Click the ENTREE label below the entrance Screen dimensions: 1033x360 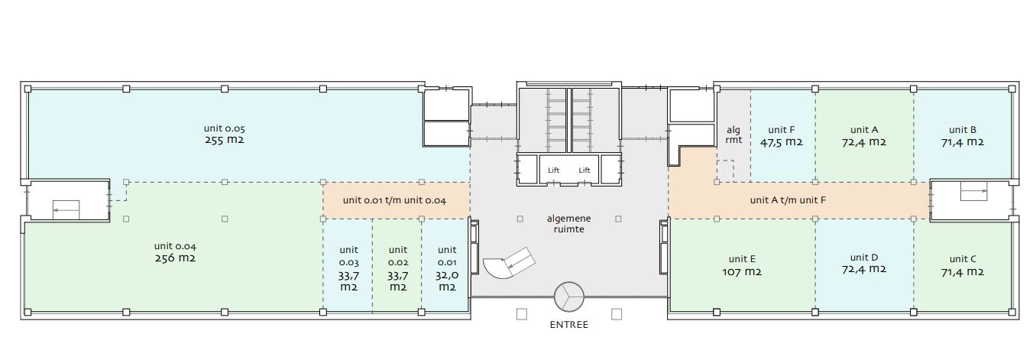click(x=569, y=325)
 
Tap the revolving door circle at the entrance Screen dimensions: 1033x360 click(x=569, y=297)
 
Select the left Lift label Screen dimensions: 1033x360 click(x=553, y=170)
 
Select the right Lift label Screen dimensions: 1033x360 click(x=585, y=170)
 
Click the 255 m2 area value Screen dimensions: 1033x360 click(x=224, y=140)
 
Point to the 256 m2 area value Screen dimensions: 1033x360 click(x=175, y=258)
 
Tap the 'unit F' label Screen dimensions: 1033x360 click(x=781, y=130)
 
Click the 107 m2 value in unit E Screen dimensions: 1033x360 click(x=742, y=272)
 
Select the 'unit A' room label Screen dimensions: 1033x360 click(x=863, y=130)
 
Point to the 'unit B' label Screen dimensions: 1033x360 click(x=963, y=130)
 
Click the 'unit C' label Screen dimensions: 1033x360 click(x=963, y=259)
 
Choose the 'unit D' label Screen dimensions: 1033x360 click(x=863, y=257)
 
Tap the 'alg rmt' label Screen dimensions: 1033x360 click(x=733, y=135)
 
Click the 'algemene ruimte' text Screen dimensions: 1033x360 click(x=568, y=224)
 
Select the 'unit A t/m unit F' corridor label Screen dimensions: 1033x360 click(x=788, y=200)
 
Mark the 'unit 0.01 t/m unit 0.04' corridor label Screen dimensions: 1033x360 click(x=394, y=200)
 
